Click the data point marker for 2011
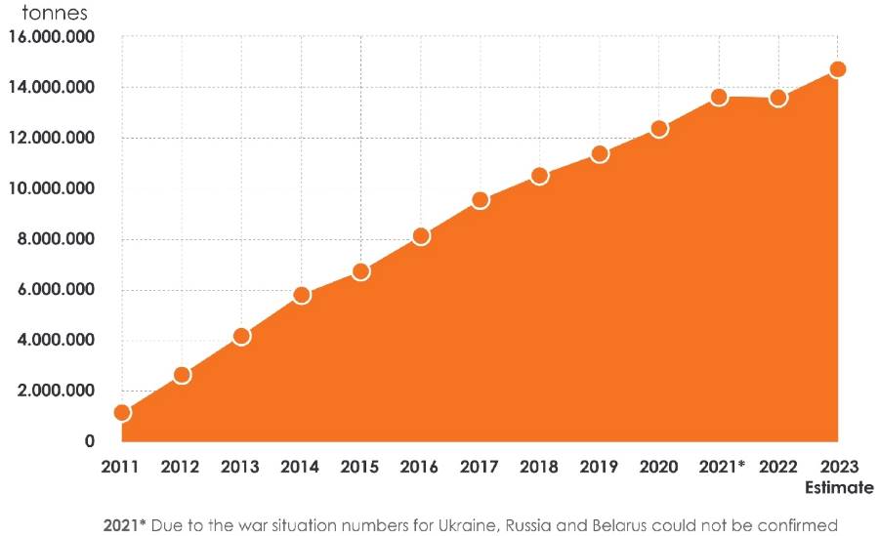122,412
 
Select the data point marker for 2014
301,295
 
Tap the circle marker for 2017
480,200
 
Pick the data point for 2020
659,129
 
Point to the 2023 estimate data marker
837,69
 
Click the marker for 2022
778,98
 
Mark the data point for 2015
360,271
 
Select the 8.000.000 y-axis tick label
57,239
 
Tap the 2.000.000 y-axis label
57,391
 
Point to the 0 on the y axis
89,441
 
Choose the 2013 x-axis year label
240,467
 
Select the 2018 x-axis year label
539,467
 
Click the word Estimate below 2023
838,487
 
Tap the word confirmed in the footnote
798,524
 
